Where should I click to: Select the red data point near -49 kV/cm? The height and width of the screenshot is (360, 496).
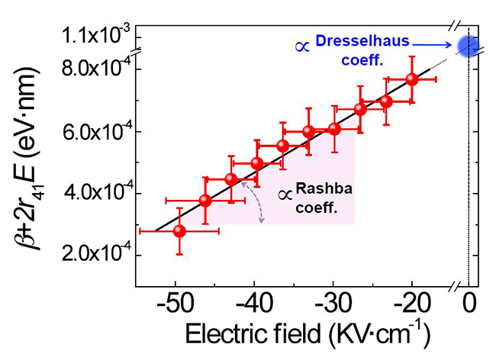[179, 230]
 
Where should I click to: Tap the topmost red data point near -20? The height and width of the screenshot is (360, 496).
[412, 79]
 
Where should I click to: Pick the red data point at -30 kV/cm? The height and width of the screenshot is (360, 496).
[334, 128]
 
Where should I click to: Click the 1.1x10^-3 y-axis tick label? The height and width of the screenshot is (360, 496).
[96, 36]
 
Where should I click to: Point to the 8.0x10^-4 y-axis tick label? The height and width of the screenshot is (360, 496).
[96, 69]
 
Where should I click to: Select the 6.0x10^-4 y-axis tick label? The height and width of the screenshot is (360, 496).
[96, 131]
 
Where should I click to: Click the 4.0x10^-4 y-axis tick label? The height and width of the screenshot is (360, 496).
[96, 193]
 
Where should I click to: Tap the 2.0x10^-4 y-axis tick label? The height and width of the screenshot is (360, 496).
[96, 255]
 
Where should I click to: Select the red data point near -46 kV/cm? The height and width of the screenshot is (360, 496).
[205, 201]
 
